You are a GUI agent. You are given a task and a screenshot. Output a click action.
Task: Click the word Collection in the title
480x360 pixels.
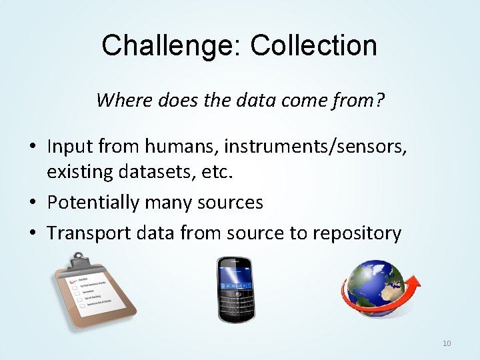314,45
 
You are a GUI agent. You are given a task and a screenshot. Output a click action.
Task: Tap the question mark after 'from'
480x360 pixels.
379,101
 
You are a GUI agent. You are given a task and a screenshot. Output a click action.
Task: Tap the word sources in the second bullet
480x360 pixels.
229,202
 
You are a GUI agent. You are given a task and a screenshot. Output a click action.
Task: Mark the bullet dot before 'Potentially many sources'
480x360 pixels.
33,203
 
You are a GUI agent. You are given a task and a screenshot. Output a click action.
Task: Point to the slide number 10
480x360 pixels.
447,343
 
